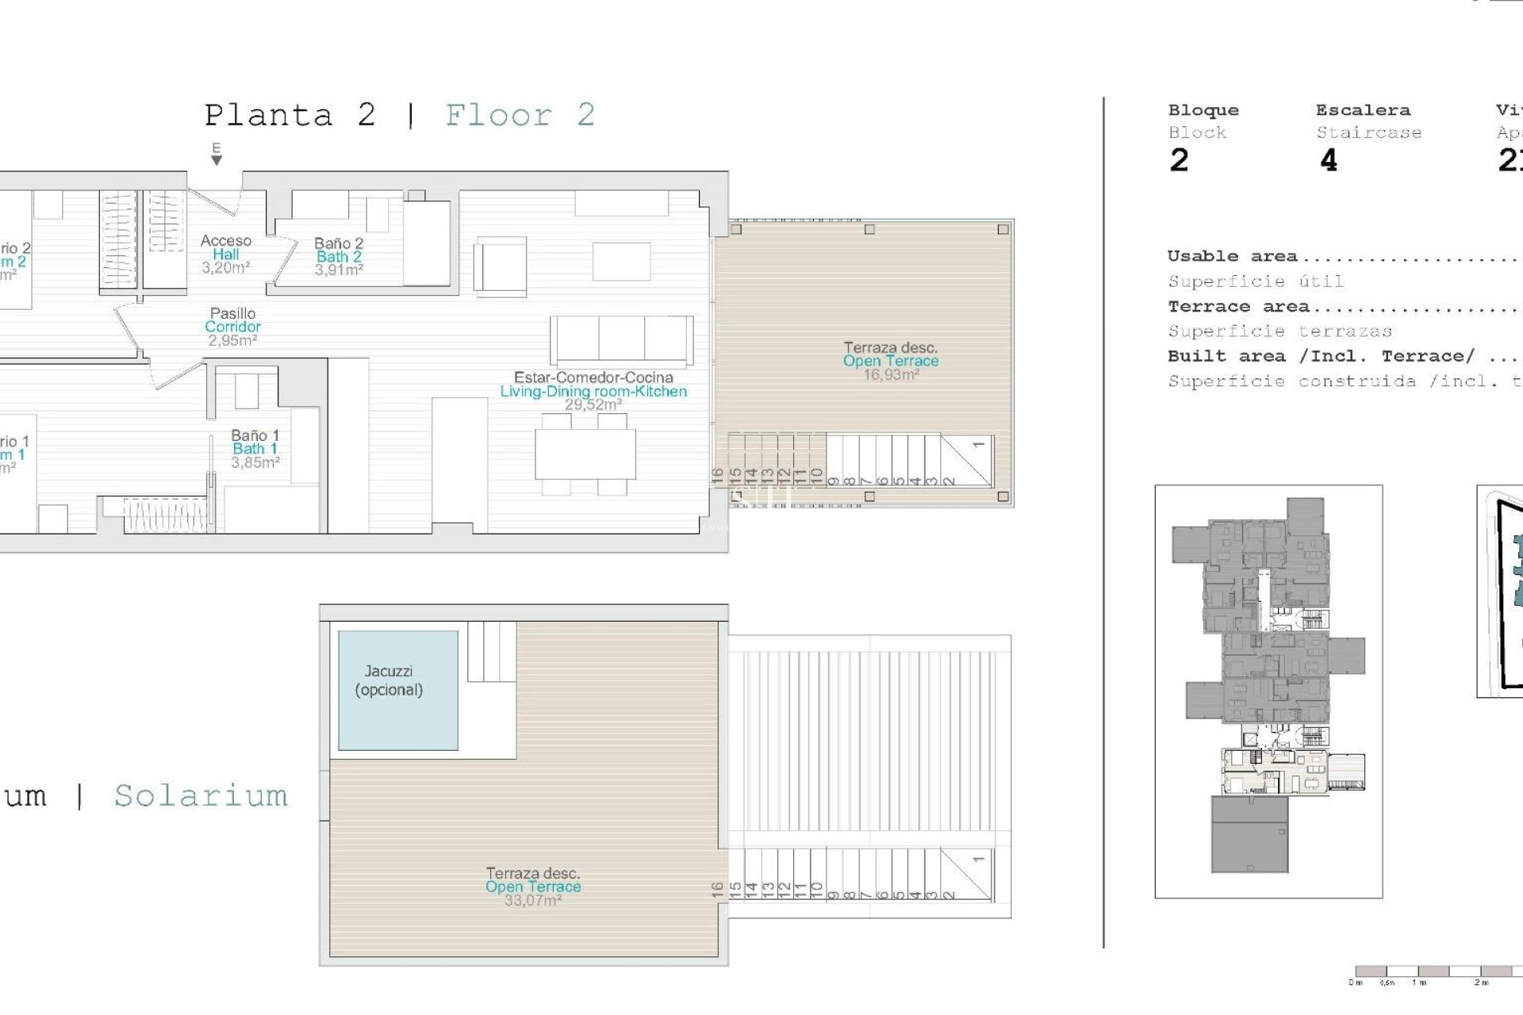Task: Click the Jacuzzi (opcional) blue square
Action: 397,690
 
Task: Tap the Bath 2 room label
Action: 339,257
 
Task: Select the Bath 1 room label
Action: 255,449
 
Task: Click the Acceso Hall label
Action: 225,254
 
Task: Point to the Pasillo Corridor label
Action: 232,327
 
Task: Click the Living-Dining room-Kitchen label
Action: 593,391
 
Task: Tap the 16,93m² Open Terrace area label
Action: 891,362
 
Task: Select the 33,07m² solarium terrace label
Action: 533,887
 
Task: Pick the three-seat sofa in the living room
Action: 621,339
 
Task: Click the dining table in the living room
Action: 585,454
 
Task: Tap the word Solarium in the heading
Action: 201,795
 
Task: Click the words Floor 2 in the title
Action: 520,116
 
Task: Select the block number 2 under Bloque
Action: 1179,161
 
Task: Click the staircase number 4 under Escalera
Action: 1329,161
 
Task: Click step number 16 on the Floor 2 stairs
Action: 718,476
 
